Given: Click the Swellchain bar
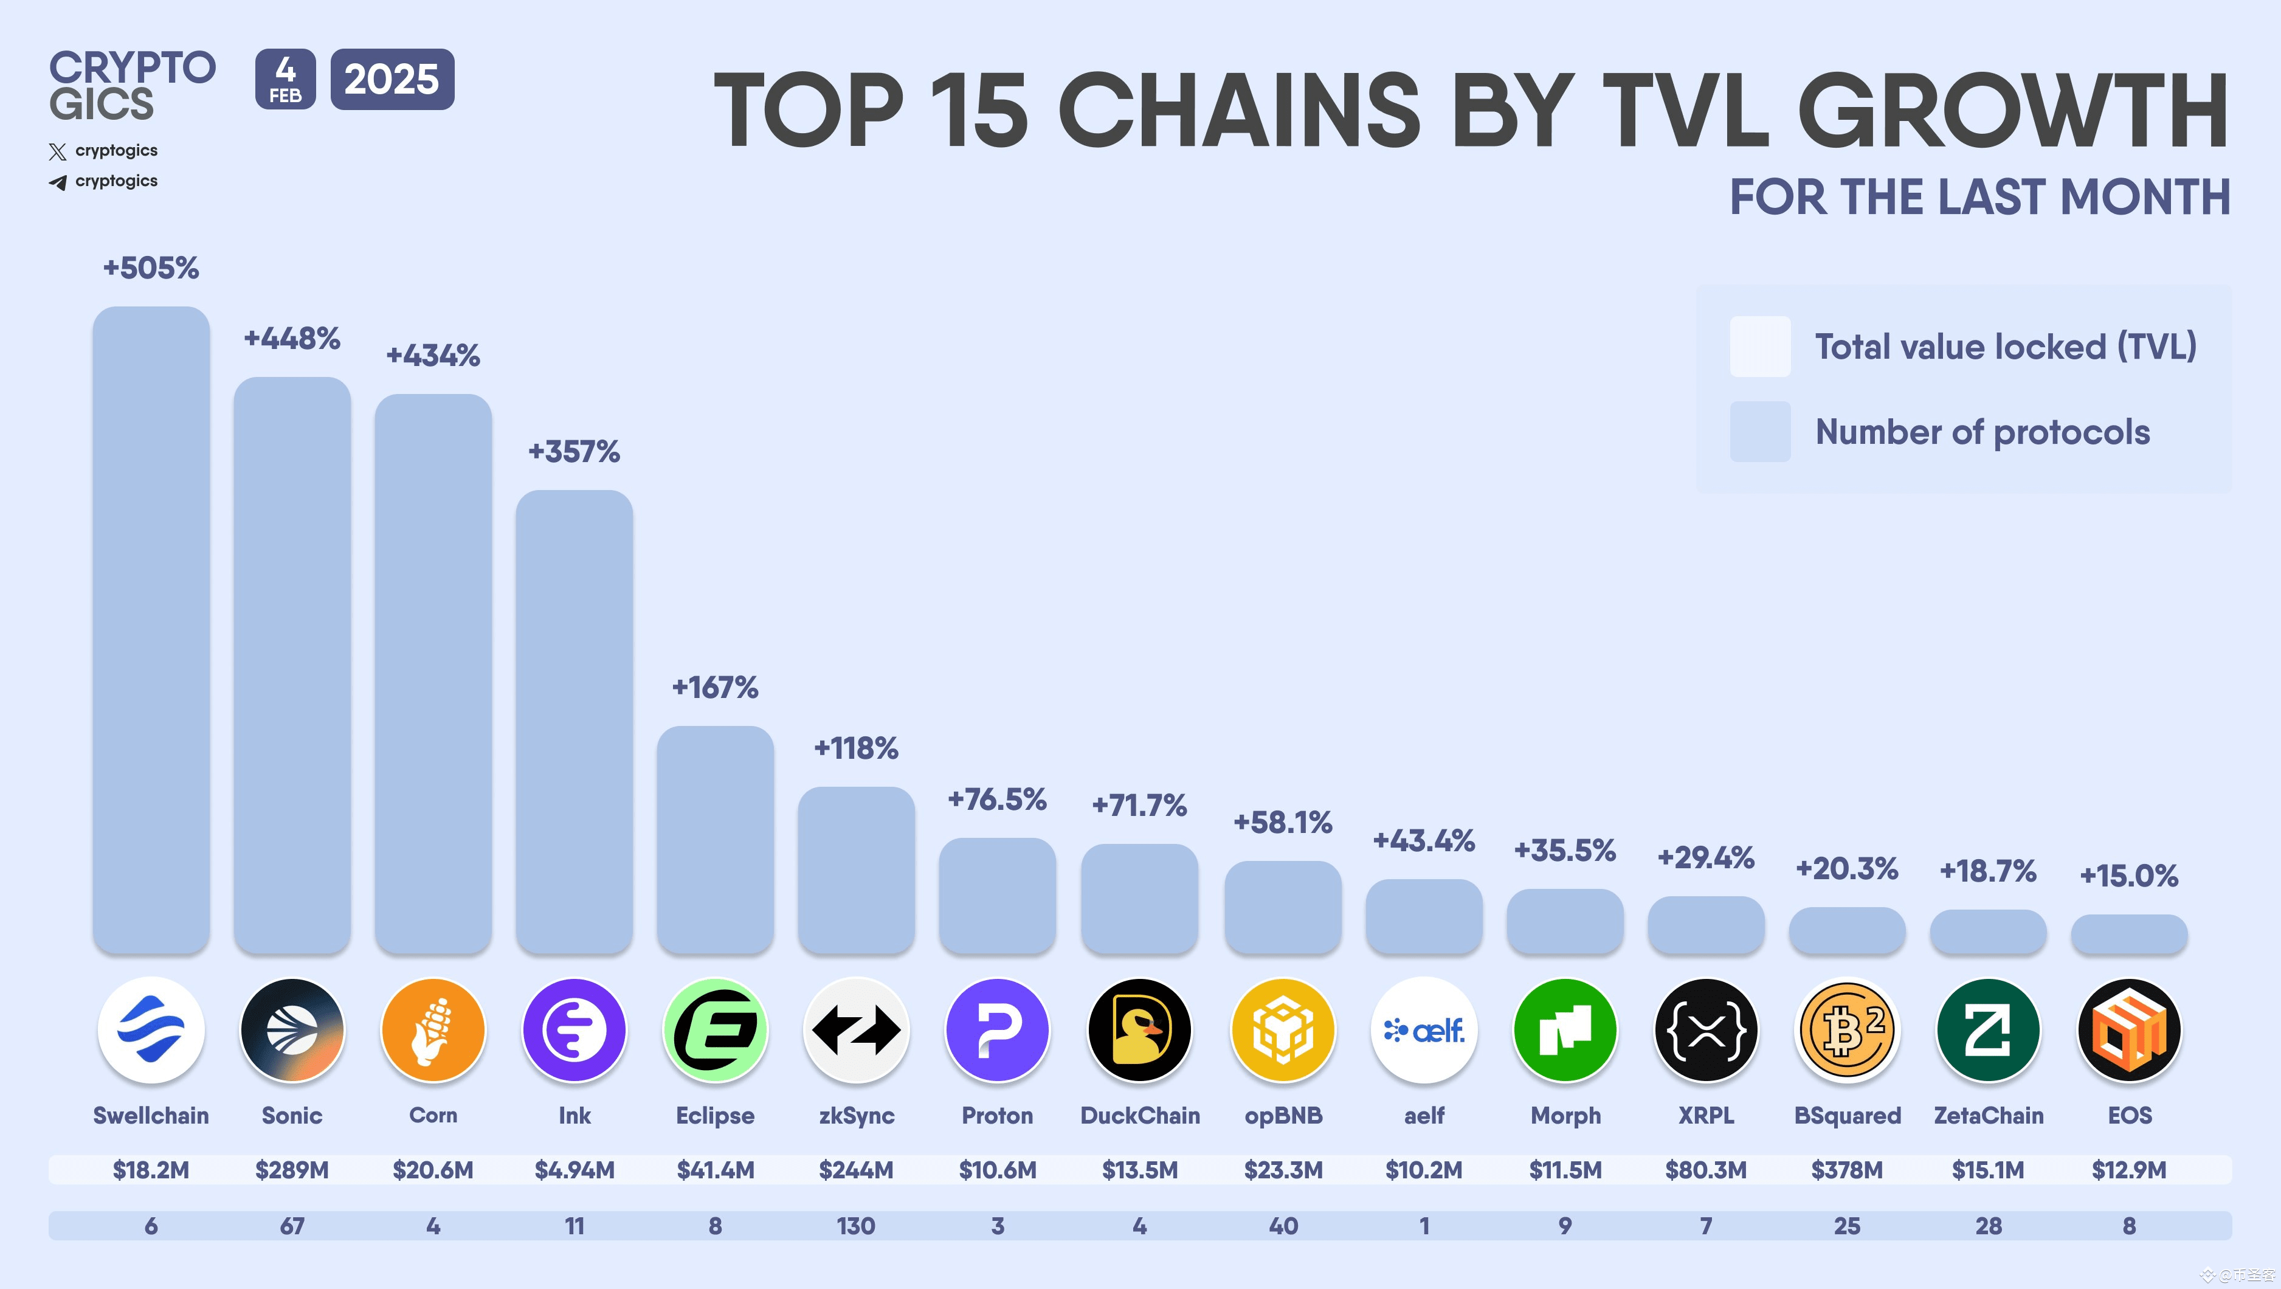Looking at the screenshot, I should [x=151, y=629].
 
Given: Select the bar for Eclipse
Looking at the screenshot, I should [x=714, y=839].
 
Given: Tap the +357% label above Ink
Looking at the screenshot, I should [x=574, y=452].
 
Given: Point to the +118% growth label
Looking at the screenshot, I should [x=855, y=748].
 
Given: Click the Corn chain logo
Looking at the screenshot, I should [x=433, y=1029].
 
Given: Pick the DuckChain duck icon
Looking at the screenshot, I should [x=1140, y=1029].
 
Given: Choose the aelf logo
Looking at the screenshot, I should [x=1424, y=1029].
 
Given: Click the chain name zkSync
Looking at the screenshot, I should [x=856, y=1116].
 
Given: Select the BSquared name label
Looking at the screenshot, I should [x=1847, y=1116].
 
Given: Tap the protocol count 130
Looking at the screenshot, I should [x=855, y=1226].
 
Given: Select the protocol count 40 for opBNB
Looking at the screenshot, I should [x=1283, y=1226].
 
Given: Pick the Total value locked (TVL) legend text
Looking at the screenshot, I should [x=2006, y=346].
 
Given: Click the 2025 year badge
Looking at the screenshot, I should [x=392, y=80].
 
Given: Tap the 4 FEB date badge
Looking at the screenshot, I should [x=285, y=80].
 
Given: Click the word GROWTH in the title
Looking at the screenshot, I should [x=2012, y=111].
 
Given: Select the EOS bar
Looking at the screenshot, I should [x=2128, y=934].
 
